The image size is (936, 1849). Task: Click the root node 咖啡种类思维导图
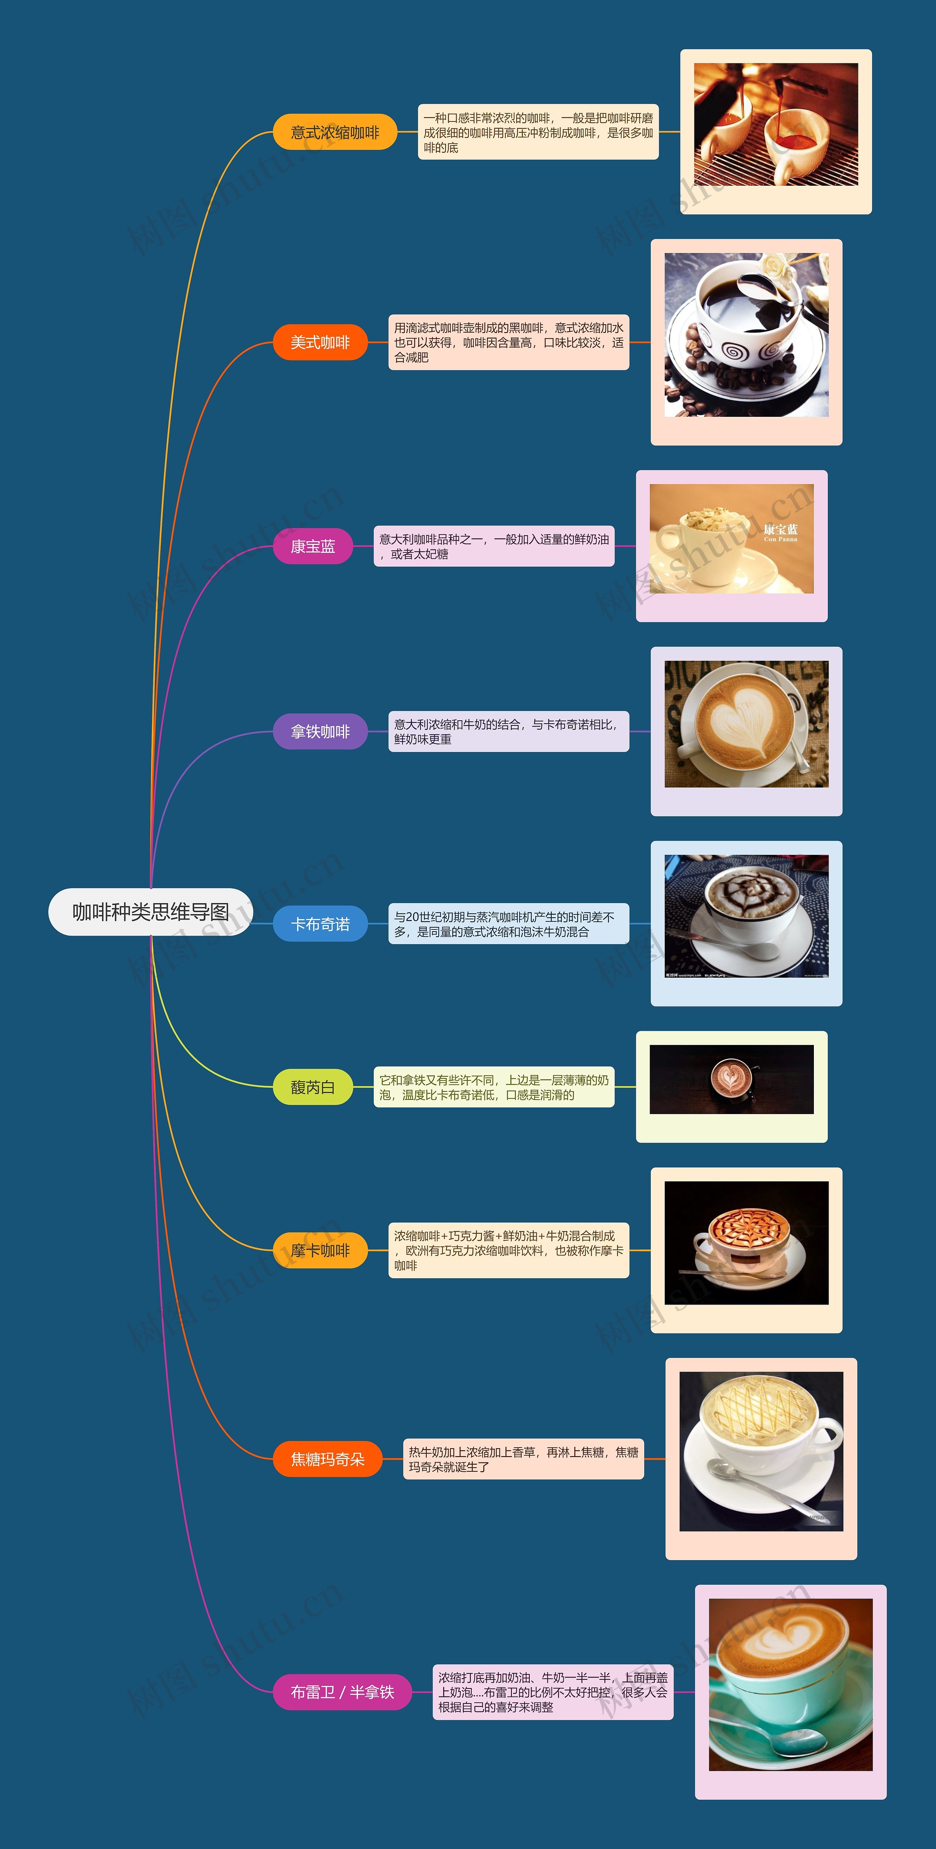151,912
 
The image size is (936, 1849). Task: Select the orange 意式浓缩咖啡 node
335,132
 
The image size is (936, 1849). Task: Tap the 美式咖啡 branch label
320,342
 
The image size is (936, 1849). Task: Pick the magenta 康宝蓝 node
313,546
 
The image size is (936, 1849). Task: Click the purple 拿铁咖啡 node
320,731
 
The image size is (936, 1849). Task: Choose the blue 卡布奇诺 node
320,924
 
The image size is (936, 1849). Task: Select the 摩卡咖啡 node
320,1250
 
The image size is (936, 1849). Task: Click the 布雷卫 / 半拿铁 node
342,1692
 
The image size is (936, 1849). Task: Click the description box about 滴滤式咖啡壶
508,342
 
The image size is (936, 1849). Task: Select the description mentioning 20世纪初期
508,924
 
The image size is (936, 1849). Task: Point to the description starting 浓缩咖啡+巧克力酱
508,1250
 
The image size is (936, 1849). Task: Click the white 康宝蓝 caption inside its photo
780,531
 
